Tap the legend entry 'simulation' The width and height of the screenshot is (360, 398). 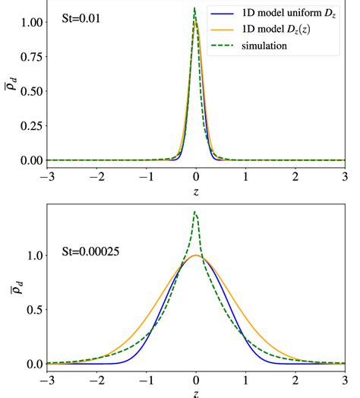click(264, 46)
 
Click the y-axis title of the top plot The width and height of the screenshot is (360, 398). click(8, 86)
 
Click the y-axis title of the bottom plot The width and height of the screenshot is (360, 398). click(8, 287)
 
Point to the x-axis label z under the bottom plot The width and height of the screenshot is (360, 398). click(196, 393)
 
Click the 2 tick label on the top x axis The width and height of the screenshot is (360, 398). click(295, 177)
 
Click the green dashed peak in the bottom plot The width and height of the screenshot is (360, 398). click(195, 212)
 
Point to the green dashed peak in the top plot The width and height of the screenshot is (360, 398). click(194, 8)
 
